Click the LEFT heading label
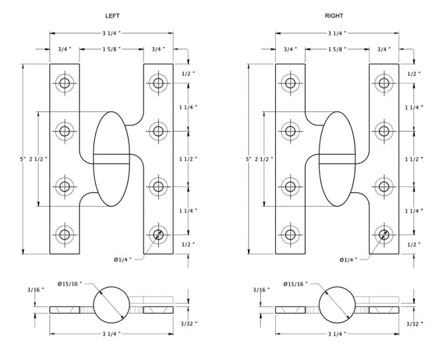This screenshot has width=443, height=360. click(112, 16)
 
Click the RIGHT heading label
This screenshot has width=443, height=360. click(334, 16)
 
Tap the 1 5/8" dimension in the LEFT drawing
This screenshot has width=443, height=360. click(112, 49)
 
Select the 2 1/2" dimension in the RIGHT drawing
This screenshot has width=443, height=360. click(264, 159)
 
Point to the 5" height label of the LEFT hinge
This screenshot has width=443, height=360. click(23, 159)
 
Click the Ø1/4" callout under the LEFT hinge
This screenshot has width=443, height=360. click(123, 259)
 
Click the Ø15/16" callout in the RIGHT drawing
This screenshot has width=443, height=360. click(296, 284)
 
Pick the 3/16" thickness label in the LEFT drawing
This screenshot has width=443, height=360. click(36, 289)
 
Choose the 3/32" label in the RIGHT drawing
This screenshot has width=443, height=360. click(415, 324)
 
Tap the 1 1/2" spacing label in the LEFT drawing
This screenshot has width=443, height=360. click(188, 159)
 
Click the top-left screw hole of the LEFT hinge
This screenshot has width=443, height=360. click(65, 83)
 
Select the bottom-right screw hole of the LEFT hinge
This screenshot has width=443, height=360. click(158, 235)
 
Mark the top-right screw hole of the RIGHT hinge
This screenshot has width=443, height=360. click(383, 83)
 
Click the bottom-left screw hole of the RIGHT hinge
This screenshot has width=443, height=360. click(290, 235)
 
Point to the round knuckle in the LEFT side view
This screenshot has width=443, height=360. click(111, 304)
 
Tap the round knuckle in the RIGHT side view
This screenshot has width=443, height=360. click(337, 304)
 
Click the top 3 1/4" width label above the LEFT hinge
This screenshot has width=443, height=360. click(112, 34)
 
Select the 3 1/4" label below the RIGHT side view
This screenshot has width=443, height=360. click(337, 334)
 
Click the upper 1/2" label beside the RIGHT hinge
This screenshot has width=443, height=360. click(414, 74)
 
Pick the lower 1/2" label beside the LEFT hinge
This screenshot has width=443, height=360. click(188, 244)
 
